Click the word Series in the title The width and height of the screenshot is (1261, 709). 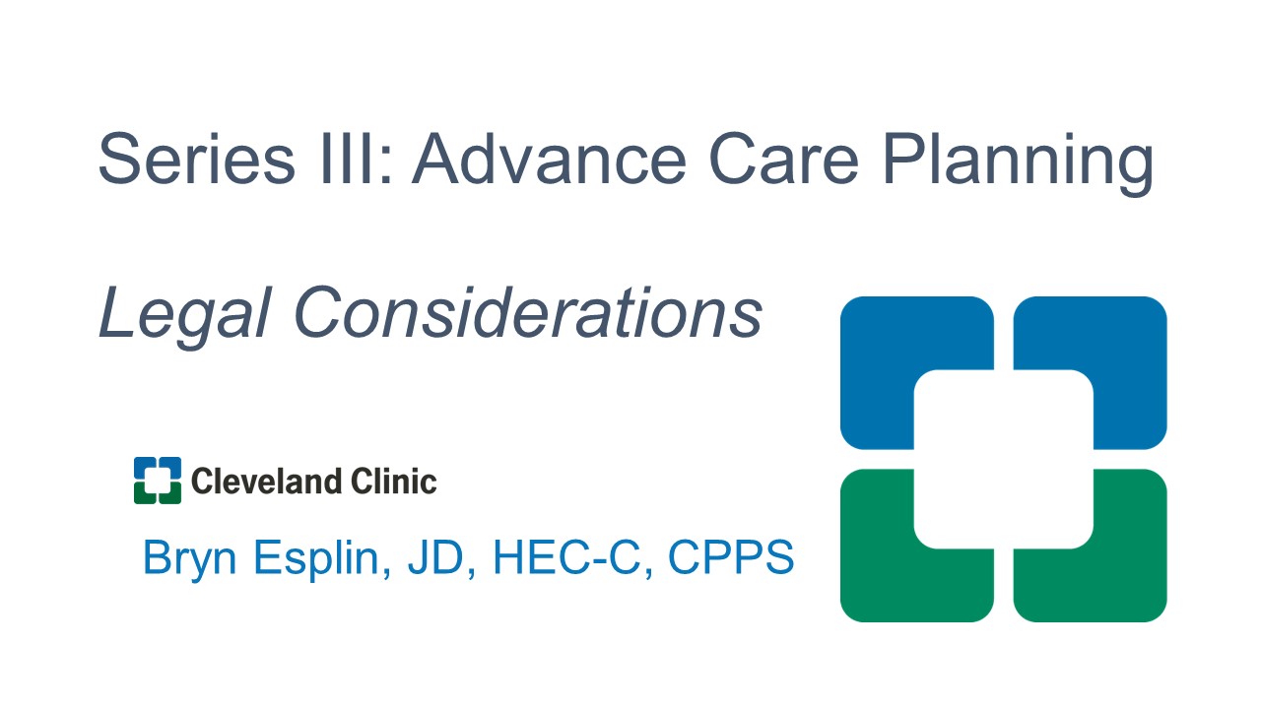(x=196, y=159)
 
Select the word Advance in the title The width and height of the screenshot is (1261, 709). (x=549, y=159)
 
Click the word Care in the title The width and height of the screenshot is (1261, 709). (x=783, y=159)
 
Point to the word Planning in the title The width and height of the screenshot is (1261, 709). (x=1019, y=163)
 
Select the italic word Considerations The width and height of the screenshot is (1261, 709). (x=527, y=312)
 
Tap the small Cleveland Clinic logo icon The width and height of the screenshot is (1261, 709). (x=158, y=481)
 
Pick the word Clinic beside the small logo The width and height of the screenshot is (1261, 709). (x=393, y=482)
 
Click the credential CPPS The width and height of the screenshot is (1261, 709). (x=731, y=557)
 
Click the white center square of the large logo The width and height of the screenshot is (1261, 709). (x=1004, y=459)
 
